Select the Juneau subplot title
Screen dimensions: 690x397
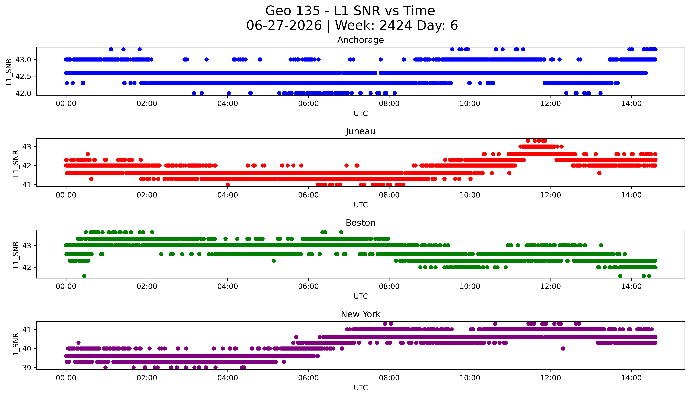click(x=361, y=131)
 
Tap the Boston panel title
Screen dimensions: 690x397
click(x=361, y=223)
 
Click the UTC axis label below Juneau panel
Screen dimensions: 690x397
click(x=361, y=205)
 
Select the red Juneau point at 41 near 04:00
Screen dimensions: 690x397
click(x=228, y=185)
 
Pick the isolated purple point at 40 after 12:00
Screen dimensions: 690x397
click(x=563, y=348)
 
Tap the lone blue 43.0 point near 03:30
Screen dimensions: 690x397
click(x=206, y=59)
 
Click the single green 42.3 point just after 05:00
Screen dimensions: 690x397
click(x=274, y=261)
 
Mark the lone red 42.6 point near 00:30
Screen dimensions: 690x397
click(x=88, y=154)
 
